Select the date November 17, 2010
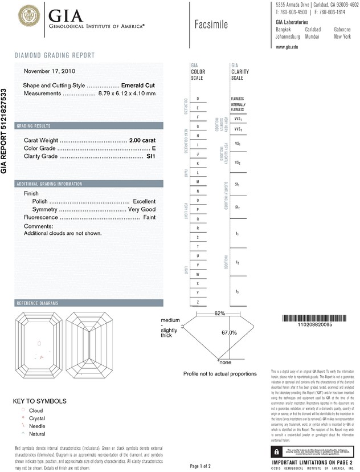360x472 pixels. pyautogui.click(x=50, y=71)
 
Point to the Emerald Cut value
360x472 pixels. pyautogui.click(x=138, y=85)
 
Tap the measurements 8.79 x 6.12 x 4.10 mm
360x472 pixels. pyautogui.click(x=126, y=93)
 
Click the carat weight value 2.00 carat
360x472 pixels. pyautogui.click(x=142, y=140)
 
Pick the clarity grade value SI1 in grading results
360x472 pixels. pyautogui.click(x=151, y=156)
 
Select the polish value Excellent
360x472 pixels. pyautogui.click(x=144, y=201)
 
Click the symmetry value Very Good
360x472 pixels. pyautogui.click(x=142, y=209)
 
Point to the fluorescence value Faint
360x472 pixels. pyautogui.click(x=149, y=217)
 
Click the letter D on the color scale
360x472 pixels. pyautogui.click(x=198, y=99)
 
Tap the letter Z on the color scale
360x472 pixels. pyautogui.click(x=198, y=302)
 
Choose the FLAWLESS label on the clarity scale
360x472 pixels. pyautogui.click(x=238, y=99)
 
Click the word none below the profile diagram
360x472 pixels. pyautogui.click(x=225, y=363)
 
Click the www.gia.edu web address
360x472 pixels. pyautogui.click(x=287, y=47)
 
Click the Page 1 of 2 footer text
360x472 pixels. pyautogui.click(x=201, y=467)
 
